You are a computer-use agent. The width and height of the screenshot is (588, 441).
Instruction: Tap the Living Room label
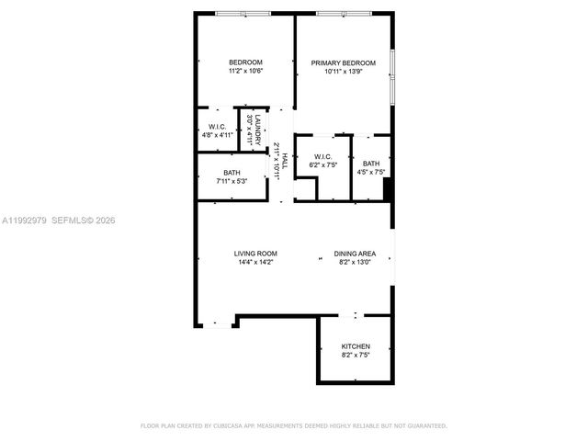tap(256, 254)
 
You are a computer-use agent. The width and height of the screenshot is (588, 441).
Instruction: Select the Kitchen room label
tap(356, 346)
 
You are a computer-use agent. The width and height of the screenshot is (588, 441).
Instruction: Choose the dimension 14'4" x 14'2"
tap(256, 263)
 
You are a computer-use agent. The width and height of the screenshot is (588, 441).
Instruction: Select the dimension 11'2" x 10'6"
tap(245, 72)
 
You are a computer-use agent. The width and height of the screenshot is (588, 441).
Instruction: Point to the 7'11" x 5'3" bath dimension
tap(232, 181)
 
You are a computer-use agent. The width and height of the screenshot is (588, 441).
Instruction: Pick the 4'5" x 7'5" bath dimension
tap(371, 172)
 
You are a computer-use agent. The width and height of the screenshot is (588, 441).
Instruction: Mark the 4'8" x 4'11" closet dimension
tap(218, 135)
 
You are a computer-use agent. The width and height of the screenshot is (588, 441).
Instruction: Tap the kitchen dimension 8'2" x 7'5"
tap(356, 355)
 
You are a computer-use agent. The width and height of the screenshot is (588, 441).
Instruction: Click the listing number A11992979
tap(23, 220)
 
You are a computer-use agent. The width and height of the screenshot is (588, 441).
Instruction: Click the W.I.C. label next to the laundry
tap(218, 127)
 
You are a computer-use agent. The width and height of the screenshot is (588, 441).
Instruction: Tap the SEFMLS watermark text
tap(72, 220)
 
